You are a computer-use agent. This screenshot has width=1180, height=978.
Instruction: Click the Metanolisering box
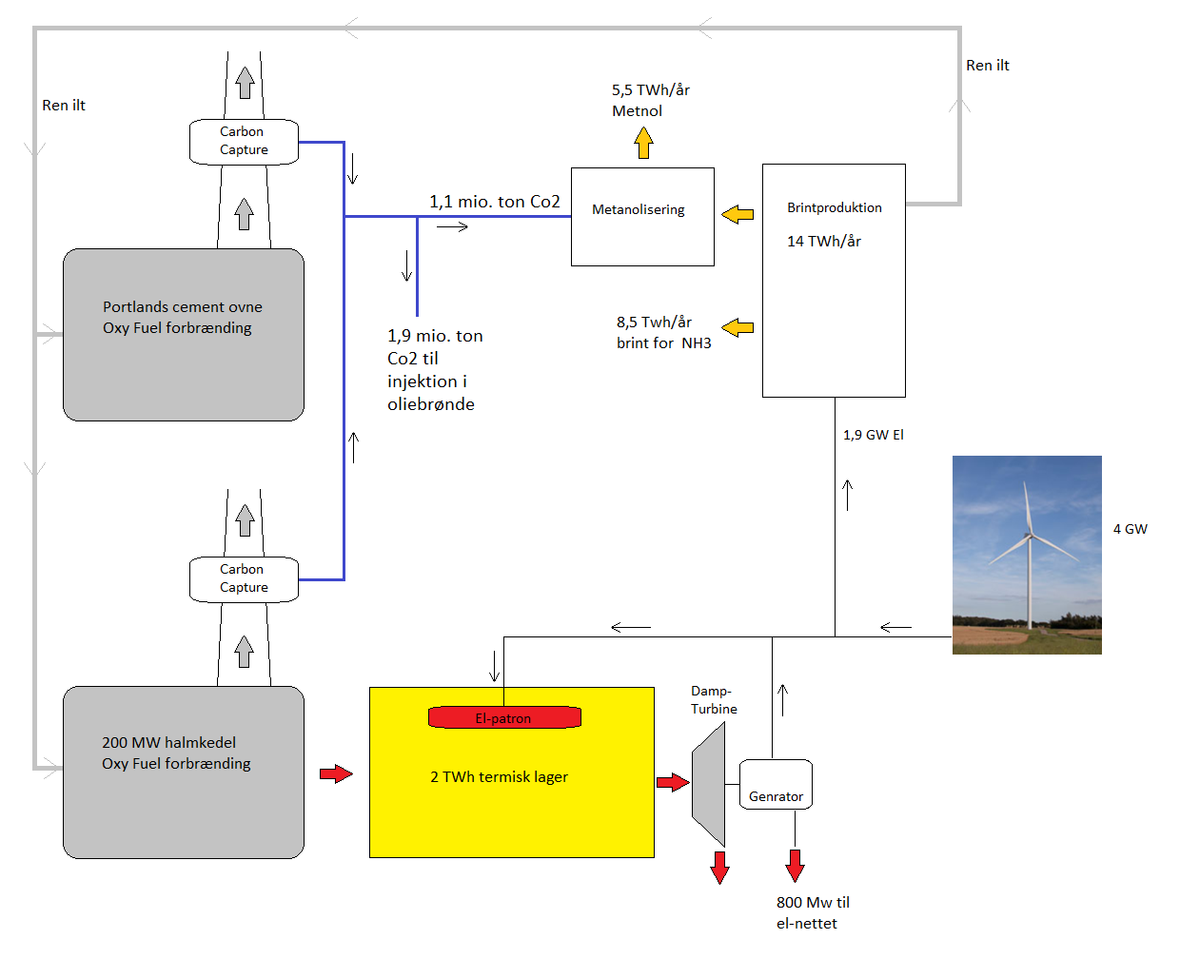coord(642,217)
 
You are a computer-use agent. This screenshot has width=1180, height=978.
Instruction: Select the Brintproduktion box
coord(834,281)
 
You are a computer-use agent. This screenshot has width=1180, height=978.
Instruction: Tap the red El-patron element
coord(504,717)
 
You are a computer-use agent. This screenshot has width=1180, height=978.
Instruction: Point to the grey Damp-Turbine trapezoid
coord(710,784)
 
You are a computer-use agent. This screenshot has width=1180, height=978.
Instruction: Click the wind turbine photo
coord(1027,555)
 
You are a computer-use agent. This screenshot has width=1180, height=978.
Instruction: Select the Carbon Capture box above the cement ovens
coord(244,142)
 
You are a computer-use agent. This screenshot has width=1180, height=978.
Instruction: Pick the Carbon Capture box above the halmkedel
coord(244,579)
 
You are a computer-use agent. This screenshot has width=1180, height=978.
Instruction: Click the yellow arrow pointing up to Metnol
coord(644,143)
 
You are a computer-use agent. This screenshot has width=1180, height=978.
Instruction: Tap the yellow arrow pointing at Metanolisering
coord(737,214)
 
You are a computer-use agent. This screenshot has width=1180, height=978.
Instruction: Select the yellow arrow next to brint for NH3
coord(737,328)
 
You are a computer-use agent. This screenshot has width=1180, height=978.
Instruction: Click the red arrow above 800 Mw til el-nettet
coord(796,865)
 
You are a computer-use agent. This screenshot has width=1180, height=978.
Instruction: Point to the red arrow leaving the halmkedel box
coord(336,773)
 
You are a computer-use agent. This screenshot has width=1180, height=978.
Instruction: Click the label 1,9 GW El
coord(873,435)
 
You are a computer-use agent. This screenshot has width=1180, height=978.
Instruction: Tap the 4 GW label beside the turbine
coord(1130,529)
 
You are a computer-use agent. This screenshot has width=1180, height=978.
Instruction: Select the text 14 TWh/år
coord(823,242)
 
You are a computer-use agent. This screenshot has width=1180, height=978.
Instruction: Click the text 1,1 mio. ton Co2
coord(494,202)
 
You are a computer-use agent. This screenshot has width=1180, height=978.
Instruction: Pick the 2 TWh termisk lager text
coord(499,777)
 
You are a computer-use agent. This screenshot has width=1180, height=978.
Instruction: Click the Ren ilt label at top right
coord(987,66)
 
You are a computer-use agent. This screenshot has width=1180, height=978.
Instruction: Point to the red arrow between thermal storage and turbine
coord(673,782)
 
